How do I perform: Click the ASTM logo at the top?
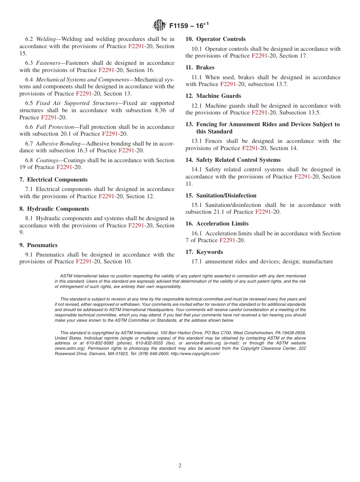(x=159, y=25)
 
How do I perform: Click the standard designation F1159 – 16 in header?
(x=189, y=26)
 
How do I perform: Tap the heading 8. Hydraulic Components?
(x=54, y=209)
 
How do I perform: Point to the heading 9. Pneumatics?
(x=38, y=245)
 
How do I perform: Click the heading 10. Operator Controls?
(x=215, y=39)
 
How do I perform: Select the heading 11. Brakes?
(x=200, y=67)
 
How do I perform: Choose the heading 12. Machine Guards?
(x=213, y=96)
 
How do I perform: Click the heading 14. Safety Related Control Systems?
(x=233, y=160)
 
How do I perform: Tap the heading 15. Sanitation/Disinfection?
(x=221, y=196)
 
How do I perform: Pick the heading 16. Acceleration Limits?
(x=217, y=224)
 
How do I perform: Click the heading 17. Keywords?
(x=204, y=252)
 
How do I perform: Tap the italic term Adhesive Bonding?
(x=58, y=144)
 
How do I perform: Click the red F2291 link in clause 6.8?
(x=64, y=167)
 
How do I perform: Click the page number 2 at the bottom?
(x=180, y=466)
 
